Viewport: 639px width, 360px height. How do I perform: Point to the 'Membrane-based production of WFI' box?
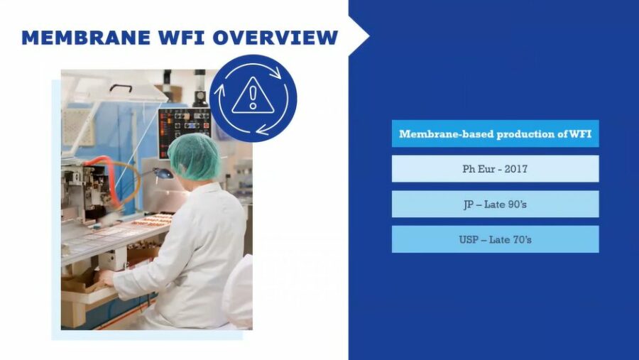click(x=495, y=133)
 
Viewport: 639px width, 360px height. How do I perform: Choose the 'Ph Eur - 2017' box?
click(x=495, y=169)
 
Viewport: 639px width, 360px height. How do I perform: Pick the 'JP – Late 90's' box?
click(x=495, y=204)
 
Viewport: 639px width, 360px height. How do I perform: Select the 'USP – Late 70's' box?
click(x=495, y=239)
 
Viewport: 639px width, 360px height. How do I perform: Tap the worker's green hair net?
click(x=194, y=156)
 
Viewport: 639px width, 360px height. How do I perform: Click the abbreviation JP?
click(x=469, y=204)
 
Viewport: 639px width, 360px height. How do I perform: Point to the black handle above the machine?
click(x=121, y=87)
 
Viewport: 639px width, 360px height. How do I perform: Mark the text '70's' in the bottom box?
click(x=520, y=239)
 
